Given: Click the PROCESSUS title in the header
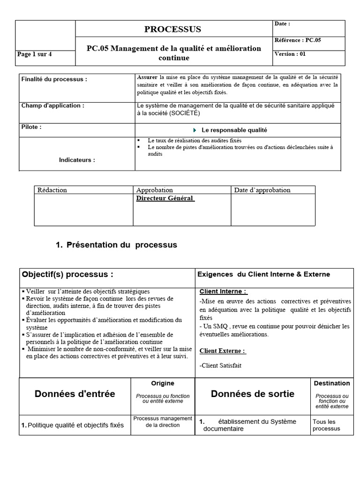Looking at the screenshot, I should click(172, 29).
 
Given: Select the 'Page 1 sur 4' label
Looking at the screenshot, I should click(35, 54).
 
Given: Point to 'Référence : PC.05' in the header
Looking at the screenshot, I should click(298, 40).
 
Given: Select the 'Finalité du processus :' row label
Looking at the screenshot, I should click(54, 80).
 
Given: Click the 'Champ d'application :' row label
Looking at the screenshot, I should click(53, 106).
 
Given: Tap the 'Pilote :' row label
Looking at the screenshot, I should click(31, 127).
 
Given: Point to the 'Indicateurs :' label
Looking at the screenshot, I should click(77, 160).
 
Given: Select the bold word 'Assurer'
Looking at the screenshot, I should click(147, 77).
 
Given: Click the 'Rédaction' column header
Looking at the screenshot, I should click(52, 190).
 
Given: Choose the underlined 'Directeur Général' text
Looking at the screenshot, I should click(165, 198).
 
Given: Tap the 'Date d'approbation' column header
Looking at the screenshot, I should click(262, 190).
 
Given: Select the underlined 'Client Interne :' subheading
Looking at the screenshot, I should click(223, 291).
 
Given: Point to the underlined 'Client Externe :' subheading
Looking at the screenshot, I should click(223, 351).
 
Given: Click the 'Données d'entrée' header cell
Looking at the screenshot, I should click(75, 394).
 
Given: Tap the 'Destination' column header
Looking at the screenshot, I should click(332, 383).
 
